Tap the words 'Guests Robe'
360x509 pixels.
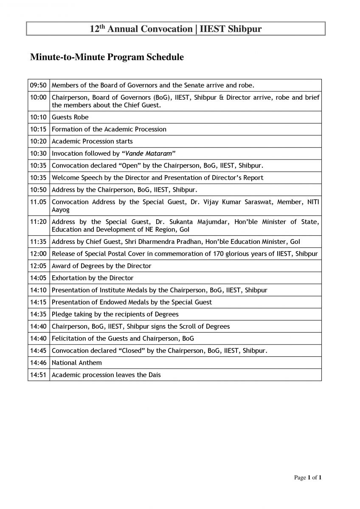70,117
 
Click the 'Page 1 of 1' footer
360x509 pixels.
308,478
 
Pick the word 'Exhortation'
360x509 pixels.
69,278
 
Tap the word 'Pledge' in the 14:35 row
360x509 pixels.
62,314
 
